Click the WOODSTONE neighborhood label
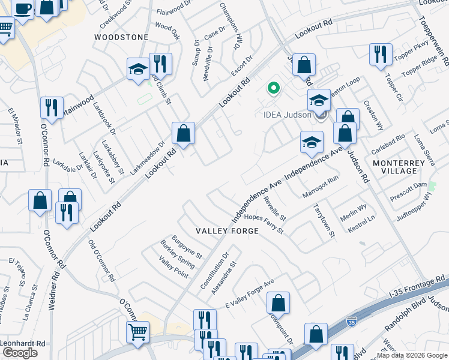tap(121, 37)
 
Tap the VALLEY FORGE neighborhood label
tap(228, 231)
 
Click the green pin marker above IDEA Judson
tap(274, 89)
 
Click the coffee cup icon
tap(22, 10)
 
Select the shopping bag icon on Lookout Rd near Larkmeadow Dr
tap(183, 133)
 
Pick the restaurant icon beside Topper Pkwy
tap(381, 53)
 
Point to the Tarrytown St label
tap(324, 220)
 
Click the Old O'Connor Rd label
tap(101, 261)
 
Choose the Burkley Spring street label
tap(177, 254)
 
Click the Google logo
tap(20, 353)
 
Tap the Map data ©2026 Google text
tap(411, 355)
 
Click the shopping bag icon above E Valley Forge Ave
tap(278, 302)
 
